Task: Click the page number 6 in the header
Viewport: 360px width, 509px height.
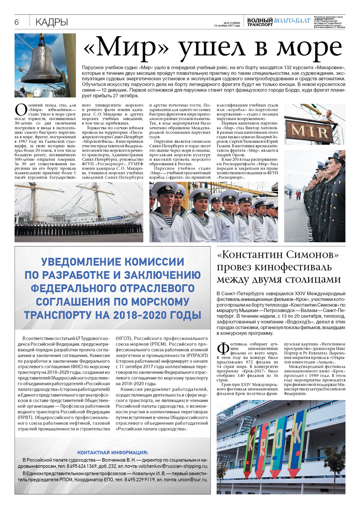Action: (16, 22)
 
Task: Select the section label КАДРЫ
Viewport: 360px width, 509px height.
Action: (52, 22)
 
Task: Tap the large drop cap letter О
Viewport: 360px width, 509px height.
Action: (21, 110)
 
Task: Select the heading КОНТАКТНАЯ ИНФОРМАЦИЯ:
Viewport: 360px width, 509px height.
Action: (112, 453)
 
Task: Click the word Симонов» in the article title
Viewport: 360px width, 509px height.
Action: (312, 254)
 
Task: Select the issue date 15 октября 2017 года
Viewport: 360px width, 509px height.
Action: (227, 26)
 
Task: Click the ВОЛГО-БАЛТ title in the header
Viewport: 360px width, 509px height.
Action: (292, 21)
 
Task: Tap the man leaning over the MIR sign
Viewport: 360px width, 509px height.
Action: (329, 116)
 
